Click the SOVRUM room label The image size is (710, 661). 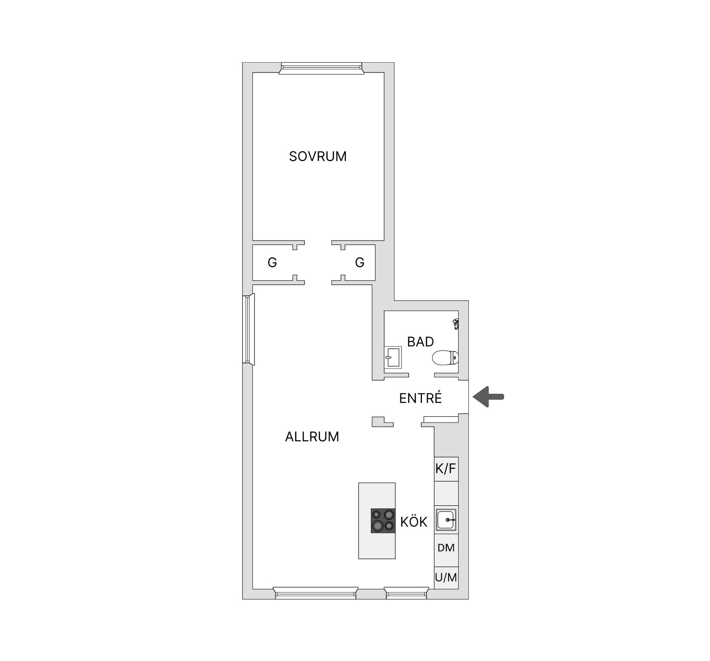coord(318,156)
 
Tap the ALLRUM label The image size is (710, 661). coord(312,437)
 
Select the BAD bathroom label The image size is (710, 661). coord(420,342)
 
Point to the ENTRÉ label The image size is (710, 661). coord(420,398)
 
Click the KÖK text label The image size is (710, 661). coord(414,522)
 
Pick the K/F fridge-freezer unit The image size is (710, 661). coord(446,469)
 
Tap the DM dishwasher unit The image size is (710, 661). coord(446,548)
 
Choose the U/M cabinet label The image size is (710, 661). coord(446,577)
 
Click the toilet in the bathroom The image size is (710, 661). coord(445,358)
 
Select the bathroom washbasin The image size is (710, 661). coord(393,357)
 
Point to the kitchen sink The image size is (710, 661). coord(446,520)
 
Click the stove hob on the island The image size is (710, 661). coord(383,520)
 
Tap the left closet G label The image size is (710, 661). coord(272,263)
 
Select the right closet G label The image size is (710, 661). coord(359,263)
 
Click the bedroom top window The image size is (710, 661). coord(321,68)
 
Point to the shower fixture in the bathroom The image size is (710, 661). coord(456,324)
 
